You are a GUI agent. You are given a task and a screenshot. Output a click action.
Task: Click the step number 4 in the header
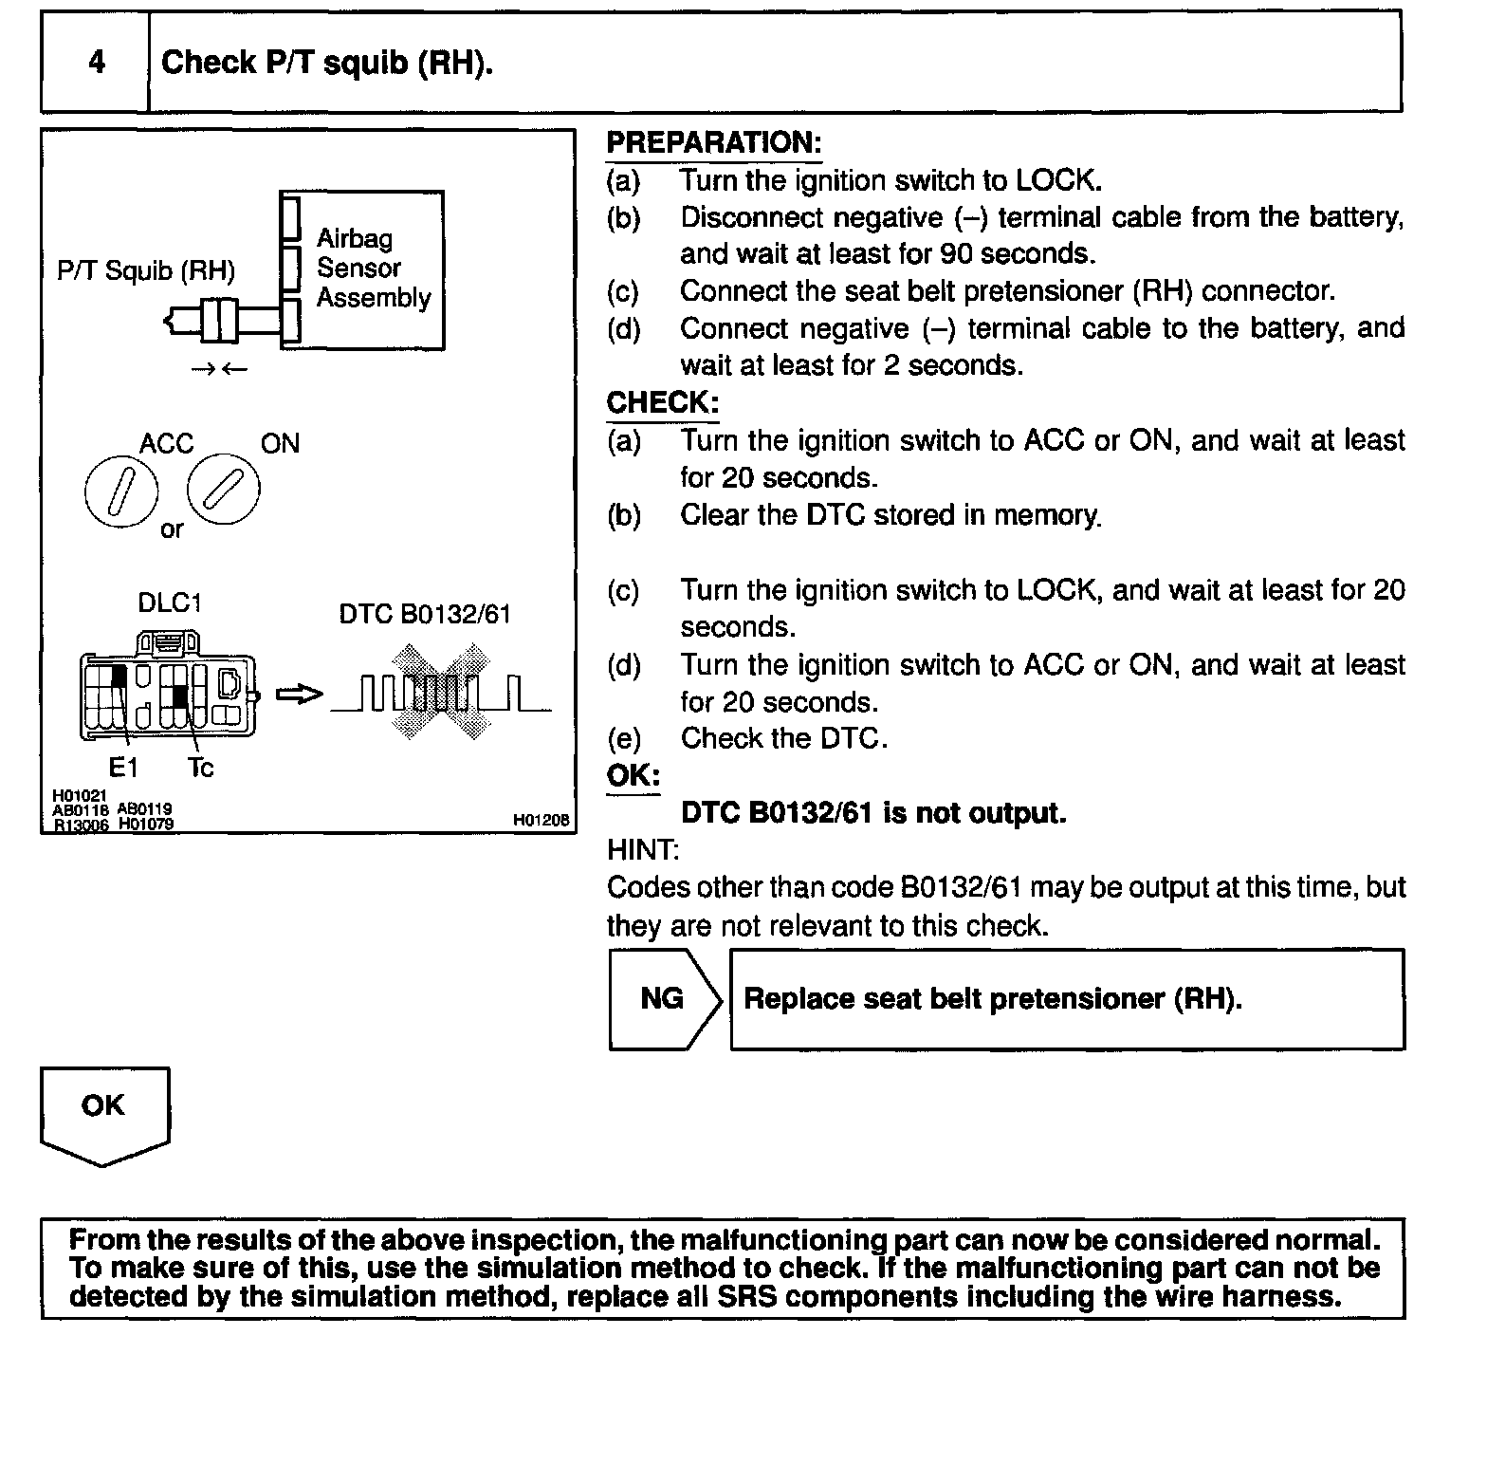coord(96,63)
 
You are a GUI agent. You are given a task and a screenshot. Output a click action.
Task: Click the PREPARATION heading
coord(713,143)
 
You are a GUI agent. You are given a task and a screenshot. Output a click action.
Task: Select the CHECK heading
coord(662,402)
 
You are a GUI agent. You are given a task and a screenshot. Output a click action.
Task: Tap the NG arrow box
coord(663,999)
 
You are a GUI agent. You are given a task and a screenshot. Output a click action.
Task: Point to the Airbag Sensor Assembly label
coord(373,269)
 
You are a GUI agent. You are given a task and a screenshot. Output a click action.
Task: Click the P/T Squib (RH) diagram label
coord(146,271)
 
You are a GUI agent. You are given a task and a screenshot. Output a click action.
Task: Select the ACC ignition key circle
coord(120,495)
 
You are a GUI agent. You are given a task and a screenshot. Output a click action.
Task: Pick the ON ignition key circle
coord(224,490)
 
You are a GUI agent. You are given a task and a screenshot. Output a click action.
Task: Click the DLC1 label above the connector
coord(170,604)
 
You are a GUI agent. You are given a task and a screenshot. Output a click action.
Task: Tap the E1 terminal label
coord(122,767)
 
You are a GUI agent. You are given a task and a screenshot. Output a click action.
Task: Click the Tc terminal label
coord(200,767)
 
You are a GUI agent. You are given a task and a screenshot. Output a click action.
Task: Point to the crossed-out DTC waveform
coord(442,693)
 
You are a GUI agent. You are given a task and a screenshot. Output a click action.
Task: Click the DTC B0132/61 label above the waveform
coord(425,615)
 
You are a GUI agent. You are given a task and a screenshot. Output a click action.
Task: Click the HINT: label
coord(642,850)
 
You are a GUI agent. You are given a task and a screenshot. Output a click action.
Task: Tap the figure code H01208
coord(542,820)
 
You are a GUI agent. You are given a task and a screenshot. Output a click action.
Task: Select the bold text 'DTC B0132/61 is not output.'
coord(873,813)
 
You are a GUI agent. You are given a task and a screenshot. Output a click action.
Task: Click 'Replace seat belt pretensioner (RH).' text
coord(992,999)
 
